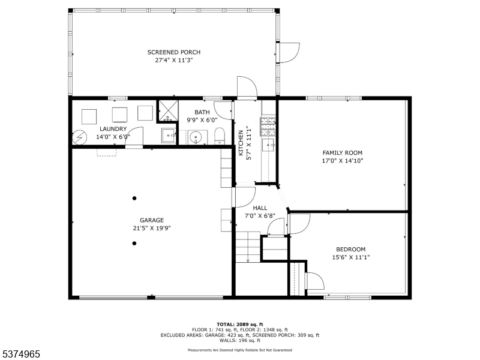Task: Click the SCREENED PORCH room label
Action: click(174, 52)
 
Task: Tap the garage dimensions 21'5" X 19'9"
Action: click(152, 228)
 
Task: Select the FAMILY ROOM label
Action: click(343, 153)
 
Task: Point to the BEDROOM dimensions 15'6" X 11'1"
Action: click(351, 257)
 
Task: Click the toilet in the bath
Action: click(220, 136)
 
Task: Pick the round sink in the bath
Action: click(196, 137)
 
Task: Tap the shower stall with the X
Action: click(167, 110)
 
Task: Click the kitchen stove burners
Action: click(268, 127)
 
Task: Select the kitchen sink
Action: click(269, 145)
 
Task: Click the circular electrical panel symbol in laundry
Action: click(80, 137)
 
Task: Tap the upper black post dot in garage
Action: click(134, 199)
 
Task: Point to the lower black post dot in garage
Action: click(134, 244)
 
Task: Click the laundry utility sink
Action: click(169, 136)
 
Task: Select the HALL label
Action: click(260, 208)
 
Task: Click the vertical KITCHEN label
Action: click(241, 143)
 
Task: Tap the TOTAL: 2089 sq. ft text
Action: click(240, 325)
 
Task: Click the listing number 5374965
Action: click(20, 354)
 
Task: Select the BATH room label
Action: click(202, 112)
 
